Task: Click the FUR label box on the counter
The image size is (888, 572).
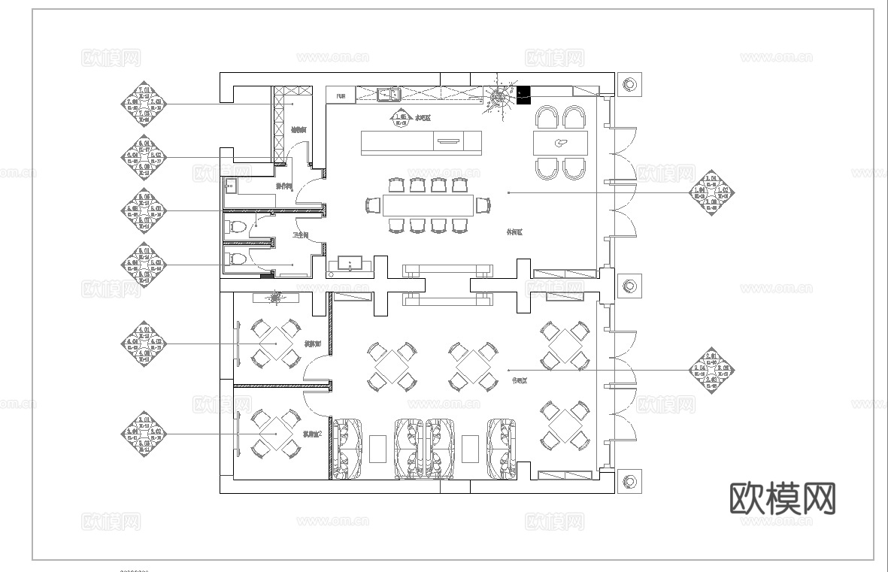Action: coord(341,95)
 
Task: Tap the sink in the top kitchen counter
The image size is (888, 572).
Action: coord(388,95)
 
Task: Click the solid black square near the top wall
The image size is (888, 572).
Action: coord(523,94)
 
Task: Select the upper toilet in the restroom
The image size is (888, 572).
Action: coord(236,226)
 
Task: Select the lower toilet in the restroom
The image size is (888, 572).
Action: coord(236,259)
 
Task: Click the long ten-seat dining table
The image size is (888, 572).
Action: coord(428,204)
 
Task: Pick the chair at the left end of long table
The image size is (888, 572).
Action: coord(372,204)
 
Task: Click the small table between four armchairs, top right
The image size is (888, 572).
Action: coord(560,143)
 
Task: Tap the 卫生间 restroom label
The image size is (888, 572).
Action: coord(301,236)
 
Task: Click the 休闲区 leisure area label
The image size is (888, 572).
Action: coord(514,233)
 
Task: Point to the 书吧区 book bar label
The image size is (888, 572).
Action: coord(519,381)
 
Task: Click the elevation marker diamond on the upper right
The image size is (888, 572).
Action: coord(711,192)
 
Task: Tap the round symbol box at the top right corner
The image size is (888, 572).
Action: coord(629,83)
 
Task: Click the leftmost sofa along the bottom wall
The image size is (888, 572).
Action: coord(347,449)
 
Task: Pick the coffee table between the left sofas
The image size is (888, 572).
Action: coord(377,449)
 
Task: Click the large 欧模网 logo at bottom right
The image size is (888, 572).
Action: coord(783,498)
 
